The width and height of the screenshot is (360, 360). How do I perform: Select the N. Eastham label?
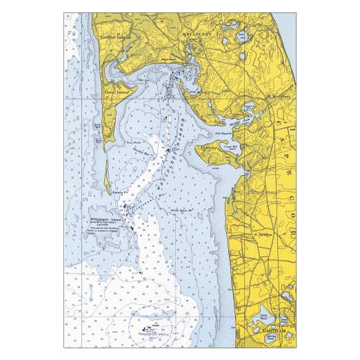(x=264, y=234)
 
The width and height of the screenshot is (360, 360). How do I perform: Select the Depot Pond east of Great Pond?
(x=284, y=320)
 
